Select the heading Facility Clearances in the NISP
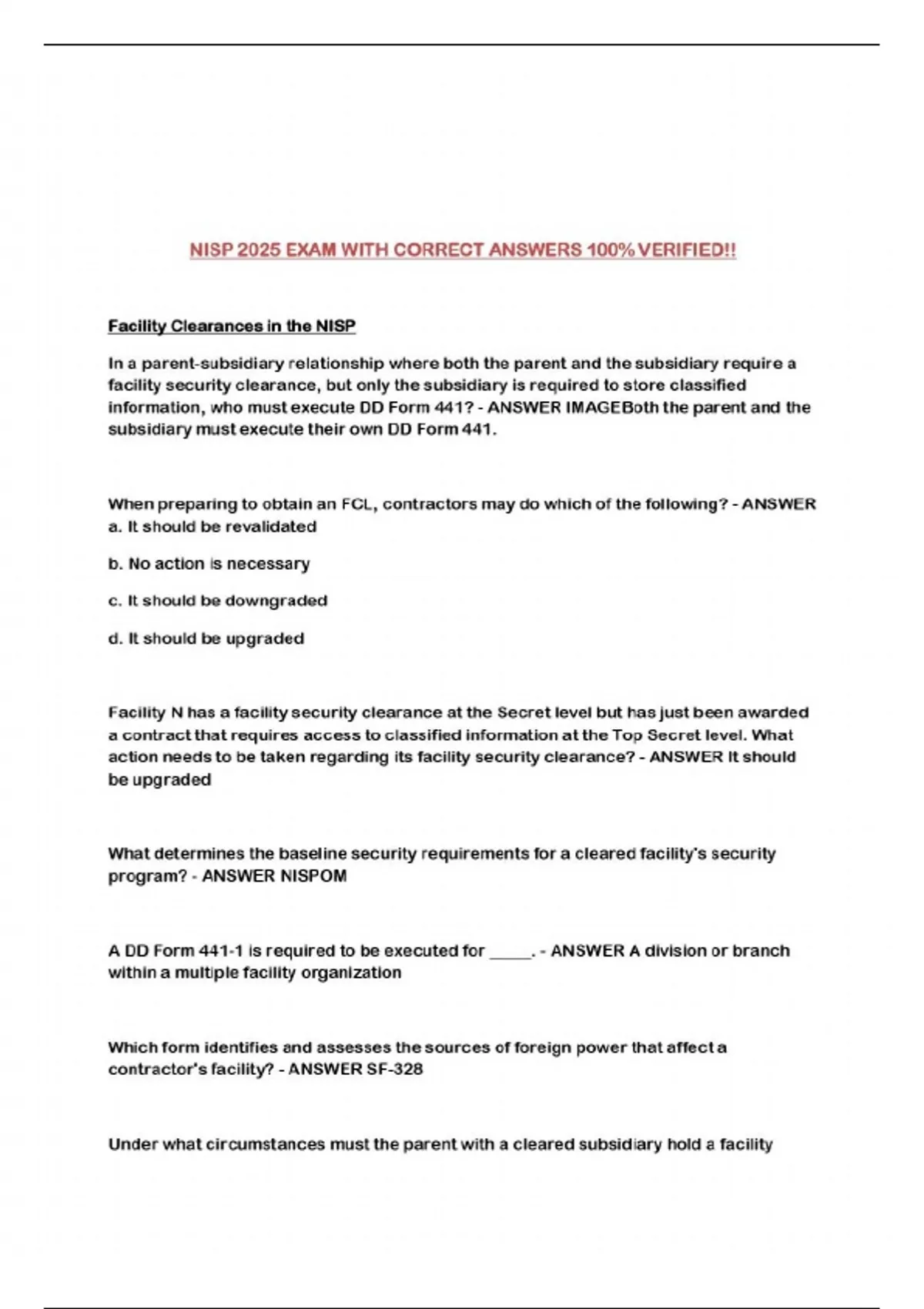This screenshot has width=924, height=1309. [x=232, y=326]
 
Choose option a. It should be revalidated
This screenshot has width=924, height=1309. [x=213, y=527]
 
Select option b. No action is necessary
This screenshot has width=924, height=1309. [x=209, y=564]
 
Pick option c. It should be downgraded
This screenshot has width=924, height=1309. [x=218, y=601]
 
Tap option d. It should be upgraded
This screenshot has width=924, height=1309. [x=206, y=638]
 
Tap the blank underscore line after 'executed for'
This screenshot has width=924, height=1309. [x=510, y=953]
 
